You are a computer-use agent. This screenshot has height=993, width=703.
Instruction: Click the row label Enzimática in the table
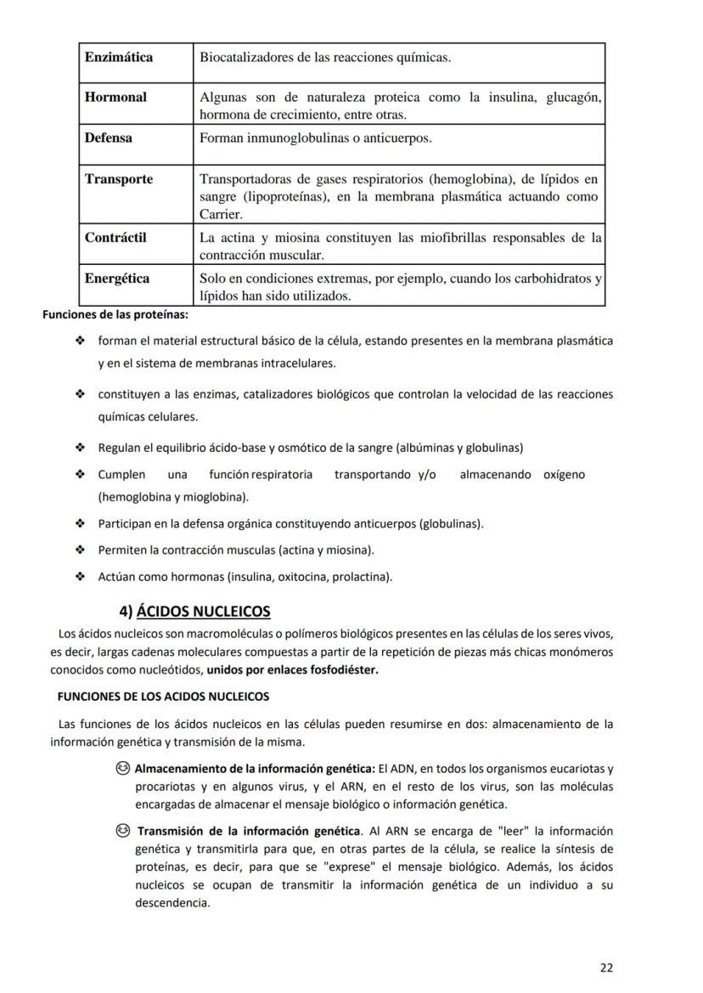coord(119,58)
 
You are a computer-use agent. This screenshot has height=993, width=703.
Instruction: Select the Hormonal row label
coord(115,98)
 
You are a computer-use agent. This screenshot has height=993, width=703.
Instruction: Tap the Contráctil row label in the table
coord(115,238)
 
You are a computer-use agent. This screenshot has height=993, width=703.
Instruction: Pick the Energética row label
coord(117,279)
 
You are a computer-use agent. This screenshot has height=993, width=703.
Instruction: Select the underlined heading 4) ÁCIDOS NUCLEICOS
coord(194,612)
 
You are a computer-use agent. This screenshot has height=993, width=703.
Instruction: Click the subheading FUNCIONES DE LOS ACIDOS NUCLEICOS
coord(163,697)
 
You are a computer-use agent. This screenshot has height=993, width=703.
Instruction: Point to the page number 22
coord(605,967)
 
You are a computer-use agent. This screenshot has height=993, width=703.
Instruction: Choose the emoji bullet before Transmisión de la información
coord(124,831)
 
